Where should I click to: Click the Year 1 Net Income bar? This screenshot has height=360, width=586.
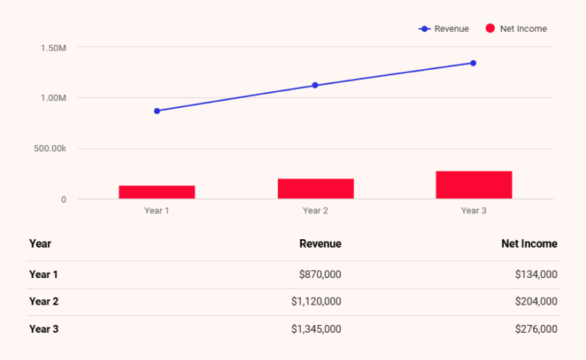coord(156,192)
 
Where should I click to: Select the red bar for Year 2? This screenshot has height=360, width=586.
coord(315,188)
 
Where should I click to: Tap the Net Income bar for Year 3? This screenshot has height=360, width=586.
coord(474,185)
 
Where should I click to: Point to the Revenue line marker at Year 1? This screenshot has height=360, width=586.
coord(157,111)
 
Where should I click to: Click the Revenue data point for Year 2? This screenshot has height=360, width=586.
coord(315,85)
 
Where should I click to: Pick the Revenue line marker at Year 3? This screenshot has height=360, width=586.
coord(473,63)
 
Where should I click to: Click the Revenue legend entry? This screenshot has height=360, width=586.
coord(444,29)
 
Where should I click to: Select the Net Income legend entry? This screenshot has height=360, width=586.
coord(516,29)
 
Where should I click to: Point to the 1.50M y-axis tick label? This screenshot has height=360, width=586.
coord(53,48)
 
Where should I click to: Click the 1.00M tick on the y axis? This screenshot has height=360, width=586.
coord(53,98)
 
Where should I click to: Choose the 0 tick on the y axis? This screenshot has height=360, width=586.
coord(64,200)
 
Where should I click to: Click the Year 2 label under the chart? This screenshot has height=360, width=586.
coord(315,210)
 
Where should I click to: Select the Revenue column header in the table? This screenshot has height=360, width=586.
coord(320,244)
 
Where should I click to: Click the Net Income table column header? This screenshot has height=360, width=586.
coord(529,244)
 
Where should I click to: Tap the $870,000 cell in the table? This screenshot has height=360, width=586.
coord(320,275)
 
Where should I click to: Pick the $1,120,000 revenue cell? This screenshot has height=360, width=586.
coord(316,302)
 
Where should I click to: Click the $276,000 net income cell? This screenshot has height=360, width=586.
coord(536,329)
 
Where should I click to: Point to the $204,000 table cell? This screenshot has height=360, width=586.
coord(536,302)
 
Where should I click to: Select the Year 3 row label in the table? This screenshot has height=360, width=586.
coord(43,329)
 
